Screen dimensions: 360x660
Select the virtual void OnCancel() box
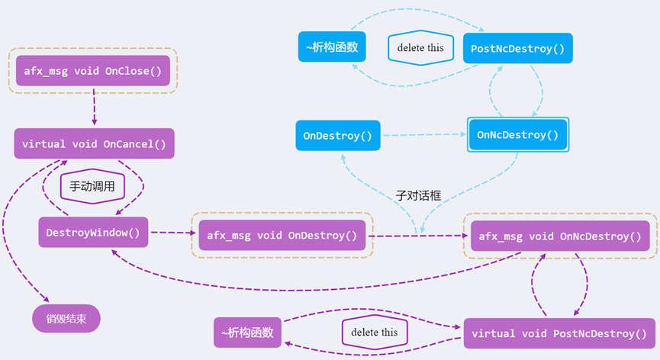coord(94,143)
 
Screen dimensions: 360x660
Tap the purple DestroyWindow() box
coord(93,232)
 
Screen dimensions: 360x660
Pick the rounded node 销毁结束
coord(66,318)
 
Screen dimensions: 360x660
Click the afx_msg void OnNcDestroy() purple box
coord(559,236)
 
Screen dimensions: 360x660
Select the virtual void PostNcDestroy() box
coord(559,333)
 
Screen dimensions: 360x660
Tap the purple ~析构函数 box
coord(248,333)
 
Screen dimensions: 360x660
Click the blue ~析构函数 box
coord(330,47)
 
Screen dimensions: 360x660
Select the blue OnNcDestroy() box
coord(517,135)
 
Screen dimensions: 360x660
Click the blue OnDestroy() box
coord(336,135)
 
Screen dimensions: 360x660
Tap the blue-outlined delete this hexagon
coord(421,47)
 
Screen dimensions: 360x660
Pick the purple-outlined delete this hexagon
coord(374,333)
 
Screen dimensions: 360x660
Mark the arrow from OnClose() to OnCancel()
coord(95,108)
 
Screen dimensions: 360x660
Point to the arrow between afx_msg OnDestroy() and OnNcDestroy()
coord(418,236)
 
